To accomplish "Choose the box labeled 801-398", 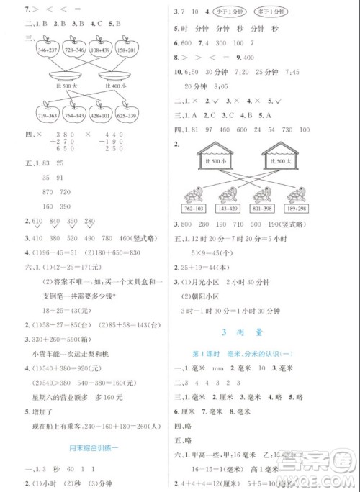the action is click(264, 209).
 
